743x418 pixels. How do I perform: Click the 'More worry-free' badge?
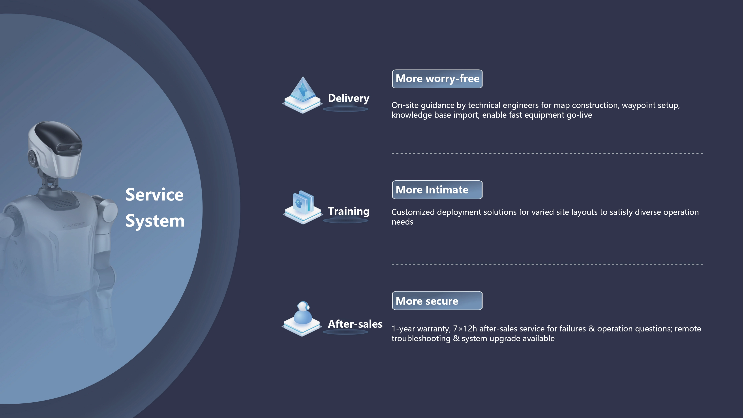(437, 79)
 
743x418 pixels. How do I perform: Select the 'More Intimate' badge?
(437, 190)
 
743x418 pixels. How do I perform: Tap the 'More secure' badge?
(437, 301)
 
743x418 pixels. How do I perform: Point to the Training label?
(348, 211)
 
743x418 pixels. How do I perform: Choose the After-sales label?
(355, 324)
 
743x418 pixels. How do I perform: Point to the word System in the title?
(155, 221)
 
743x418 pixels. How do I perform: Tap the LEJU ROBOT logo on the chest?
(73, 225)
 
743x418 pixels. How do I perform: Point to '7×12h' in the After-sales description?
(465, 329)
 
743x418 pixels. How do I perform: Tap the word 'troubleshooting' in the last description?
(421, 339)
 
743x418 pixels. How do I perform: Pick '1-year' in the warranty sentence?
(403, 329)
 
